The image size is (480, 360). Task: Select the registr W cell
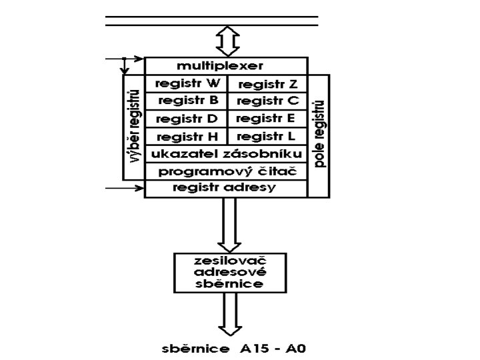[x=186, y=84]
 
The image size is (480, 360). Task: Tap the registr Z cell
[x=267, y=84]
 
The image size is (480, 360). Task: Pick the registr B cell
[x=186, y=101]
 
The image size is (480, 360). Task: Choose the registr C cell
[x=267, y=101]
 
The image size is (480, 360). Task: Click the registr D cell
[x=186, y=119]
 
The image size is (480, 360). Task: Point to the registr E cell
[x=267, y=119]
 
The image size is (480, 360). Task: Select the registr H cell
[x=186, y=137]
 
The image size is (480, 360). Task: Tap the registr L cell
[x=267, y=137]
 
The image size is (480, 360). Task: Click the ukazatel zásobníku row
[x=226, y=154]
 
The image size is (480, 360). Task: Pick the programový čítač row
[x=226, y=171]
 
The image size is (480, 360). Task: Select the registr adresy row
[x=226, y=188]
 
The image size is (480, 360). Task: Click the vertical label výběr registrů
[x=133, y=127]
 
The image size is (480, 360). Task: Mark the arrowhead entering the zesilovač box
[x=229, y=244]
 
